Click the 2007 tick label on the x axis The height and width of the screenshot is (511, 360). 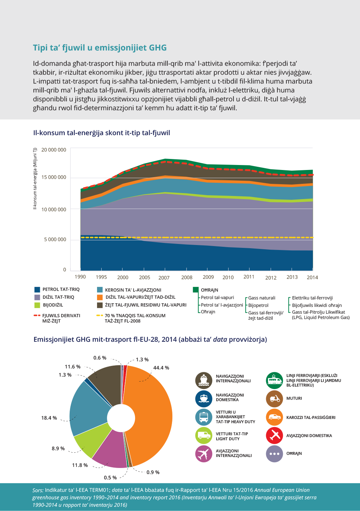pos(164,278)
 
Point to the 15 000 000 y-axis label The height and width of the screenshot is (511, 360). pos(54,177)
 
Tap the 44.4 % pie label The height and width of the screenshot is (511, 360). pos(161,368)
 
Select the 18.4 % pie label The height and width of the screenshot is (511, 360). pos(49,418)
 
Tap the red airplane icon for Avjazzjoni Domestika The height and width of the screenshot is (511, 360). pos(274,436)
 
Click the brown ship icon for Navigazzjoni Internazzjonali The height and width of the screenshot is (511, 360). pos(204,380)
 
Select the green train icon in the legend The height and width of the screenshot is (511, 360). pos(274,380)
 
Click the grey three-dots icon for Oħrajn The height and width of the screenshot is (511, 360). pos(274,454)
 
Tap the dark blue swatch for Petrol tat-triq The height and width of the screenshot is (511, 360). pos(37,289)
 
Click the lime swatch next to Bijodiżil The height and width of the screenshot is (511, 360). pos(37,305)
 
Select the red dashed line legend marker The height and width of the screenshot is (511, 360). pos(37,315)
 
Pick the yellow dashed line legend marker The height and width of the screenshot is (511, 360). pos(100,315)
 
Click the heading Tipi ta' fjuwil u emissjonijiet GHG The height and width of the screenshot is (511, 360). pos(100,48)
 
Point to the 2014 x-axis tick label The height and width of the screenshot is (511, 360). pos(312,277)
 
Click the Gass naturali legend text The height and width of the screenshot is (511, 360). pos(262,298)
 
